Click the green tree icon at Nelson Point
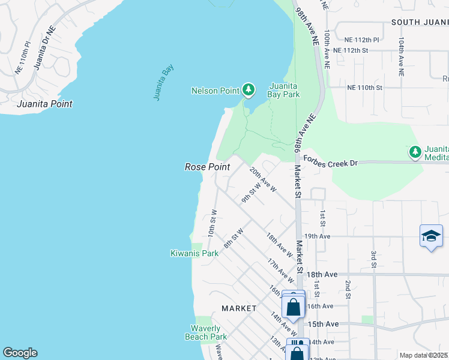pos(249,90)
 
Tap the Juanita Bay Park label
pos(284,89)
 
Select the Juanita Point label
pos(45,104)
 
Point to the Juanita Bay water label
pos(159,83)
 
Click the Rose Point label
pos(207,167)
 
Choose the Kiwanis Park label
pos(194,253)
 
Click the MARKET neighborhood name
pos(239,308)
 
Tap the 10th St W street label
pos(212,223)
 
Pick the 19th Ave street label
pos(318,236)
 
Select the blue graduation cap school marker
pos(431,236)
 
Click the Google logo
pos(20,353)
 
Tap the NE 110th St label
pos(364,88)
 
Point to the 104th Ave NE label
pos(400,55)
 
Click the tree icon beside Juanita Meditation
pos(415,152)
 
